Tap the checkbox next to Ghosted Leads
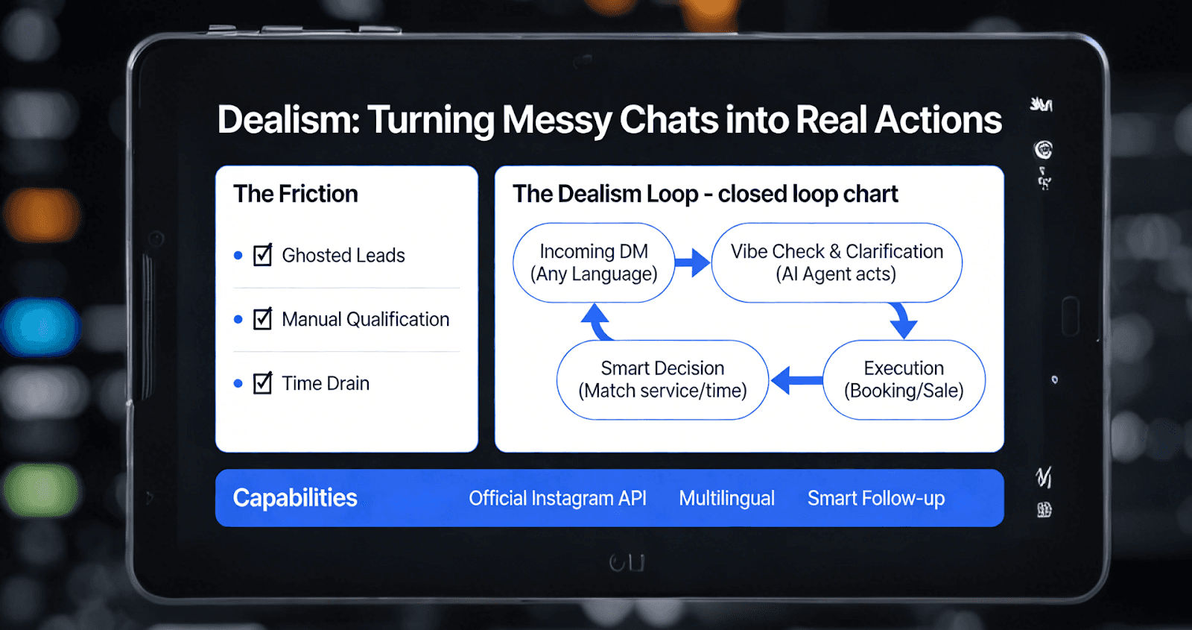pyautogui.click(x=262, y=255)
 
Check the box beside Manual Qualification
pyautogui.click(x=262, y=319)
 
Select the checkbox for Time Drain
pyautogui.click(x=262, y=383)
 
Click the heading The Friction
pyautogui.click(x=296, y=194)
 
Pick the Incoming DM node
pyautogui.click(x=594, y=262)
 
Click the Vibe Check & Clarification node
pyautogui.click(x=837, y=262)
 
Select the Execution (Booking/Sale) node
pyautogui.click(x=904, y=379)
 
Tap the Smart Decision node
pyautogui.click(x=662, y=379)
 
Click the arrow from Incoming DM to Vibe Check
pyautogui.click(x=693, y=262)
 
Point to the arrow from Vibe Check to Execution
pyautogui.click(x=902, y=320)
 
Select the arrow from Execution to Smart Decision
pyautogui.click(x=796, y=380)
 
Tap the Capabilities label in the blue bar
pyautogui.click(x=295, y=498)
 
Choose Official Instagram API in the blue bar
pyautogui.click(x=557, y=498)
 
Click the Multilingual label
pyautogui.click(x=726, y=498)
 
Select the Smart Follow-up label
pyautogui.click(x=876, y=498)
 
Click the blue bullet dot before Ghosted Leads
pyautogui.click(x=238, y=256)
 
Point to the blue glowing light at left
pyautogui.click(x=39, y=327)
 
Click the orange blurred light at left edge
pyautogui.click(x=41, y=214)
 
